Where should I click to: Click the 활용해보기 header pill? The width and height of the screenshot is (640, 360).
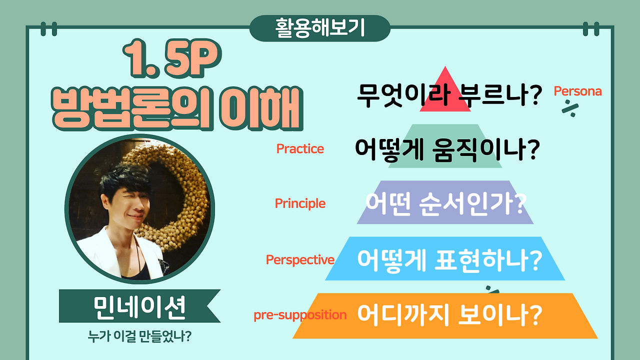point(319,28)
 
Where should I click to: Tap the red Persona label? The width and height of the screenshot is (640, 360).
point(577,91)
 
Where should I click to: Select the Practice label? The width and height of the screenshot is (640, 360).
point(300,149)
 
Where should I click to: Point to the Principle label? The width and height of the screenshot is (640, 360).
point(300,203)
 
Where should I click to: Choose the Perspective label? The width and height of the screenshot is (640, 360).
point(300,260)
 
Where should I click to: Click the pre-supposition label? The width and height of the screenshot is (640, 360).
point(300,315)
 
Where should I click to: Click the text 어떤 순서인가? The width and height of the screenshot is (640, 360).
point(446,203)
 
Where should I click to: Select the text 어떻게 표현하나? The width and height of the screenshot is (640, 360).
point(449,260)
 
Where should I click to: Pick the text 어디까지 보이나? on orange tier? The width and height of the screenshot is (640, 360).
point(449,315)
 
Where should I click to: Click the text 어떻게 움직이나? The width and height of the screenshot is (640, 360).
point(447,149)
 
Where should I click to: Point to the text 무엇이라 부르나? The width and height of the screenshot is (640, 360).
point(449,95)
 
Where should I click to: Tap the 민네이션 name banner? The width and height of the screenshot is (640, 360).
point(139,306)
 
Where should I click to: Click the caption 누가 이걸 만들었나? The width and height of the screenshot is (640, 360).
point(139,336)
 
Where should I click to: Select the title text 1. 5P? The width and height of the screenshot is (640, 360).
point(172,58)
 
